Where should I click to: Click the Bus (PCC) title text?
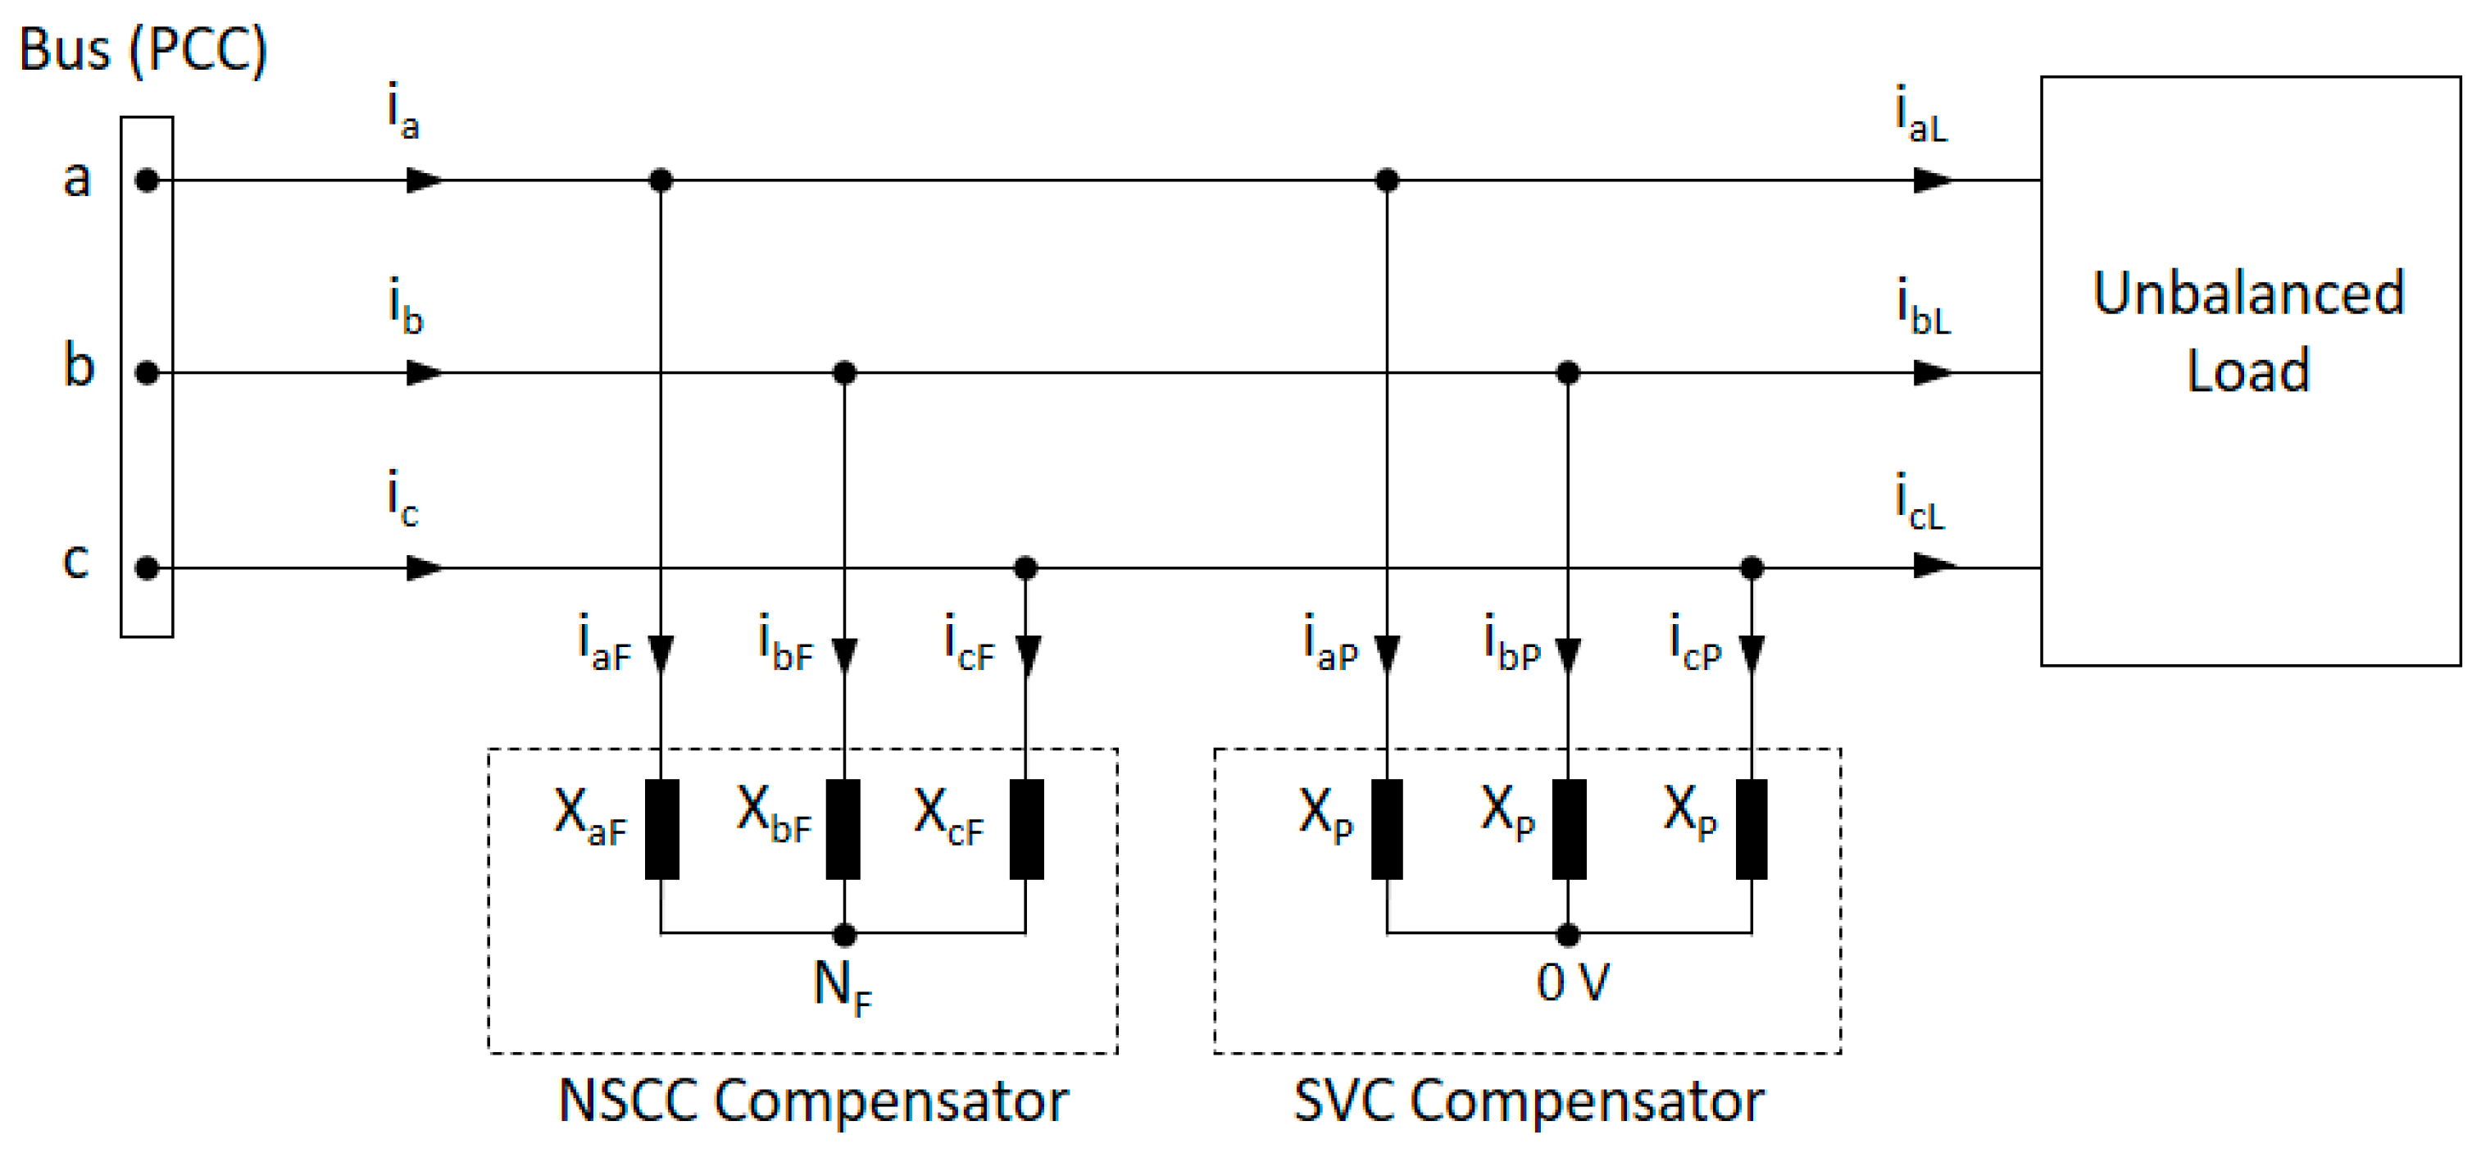(143, 50)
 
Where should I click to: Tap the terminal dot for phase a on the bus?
(147, 180)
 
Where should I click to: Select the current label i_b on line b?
(406, 307)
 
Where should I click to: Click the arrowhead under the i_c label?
(424, 568)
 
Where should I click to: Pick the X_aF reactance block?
(661, 829)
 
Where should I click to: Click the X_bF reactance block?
(843, 829)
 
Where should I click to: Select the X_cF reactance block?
(1027, 829)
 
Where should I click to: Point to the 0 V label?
(1572, 983)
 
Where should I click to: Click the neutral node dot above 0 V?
(1568, 934)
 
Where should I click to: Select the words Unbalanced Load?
(2249, 331)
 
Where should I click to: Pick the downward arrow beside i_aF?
(661, 655)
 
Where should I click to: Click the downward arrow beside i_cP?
(1752, 655)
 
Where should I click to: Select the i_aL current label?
(1920, 116)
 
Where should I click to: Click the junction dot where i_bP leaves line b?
(1568, 373)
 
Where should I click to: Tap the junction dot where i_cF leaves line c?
(1025, 568)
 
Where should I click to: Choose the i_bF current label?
(786, 641)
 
